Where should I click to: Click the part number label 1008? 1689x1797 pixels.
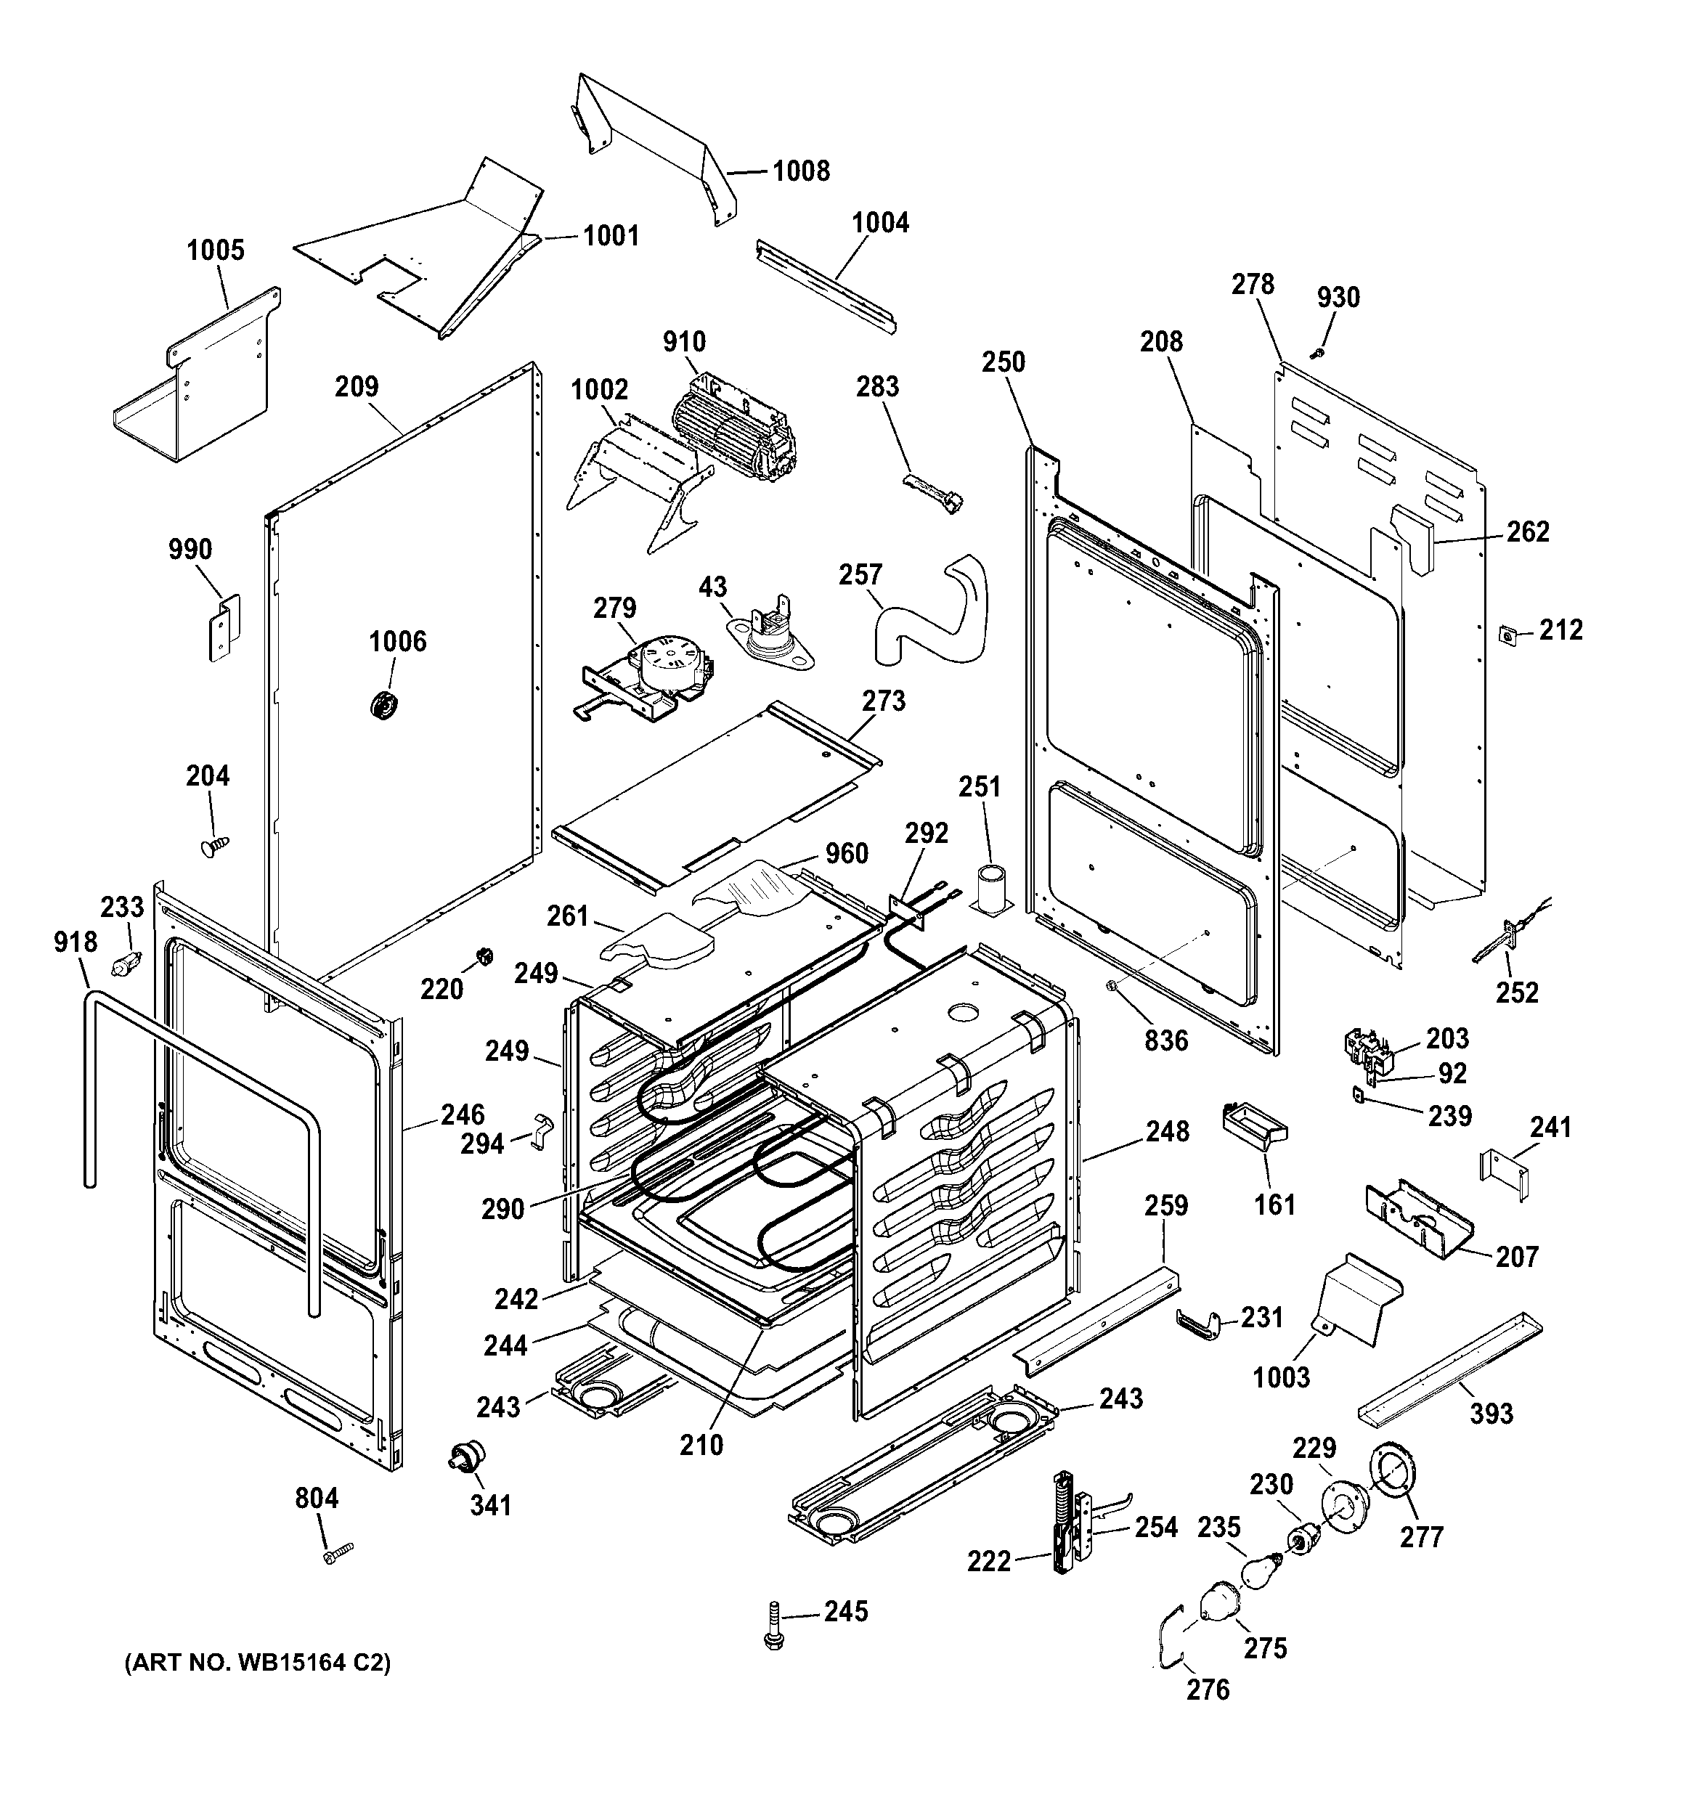[800, 171]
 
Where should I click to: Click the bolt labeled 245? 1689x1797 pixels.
[773, 1637]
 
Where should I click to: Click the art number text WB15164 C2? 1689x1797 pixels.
[258, 1663]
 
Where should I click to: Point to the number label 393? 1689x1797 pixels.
[1491, 1414]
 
